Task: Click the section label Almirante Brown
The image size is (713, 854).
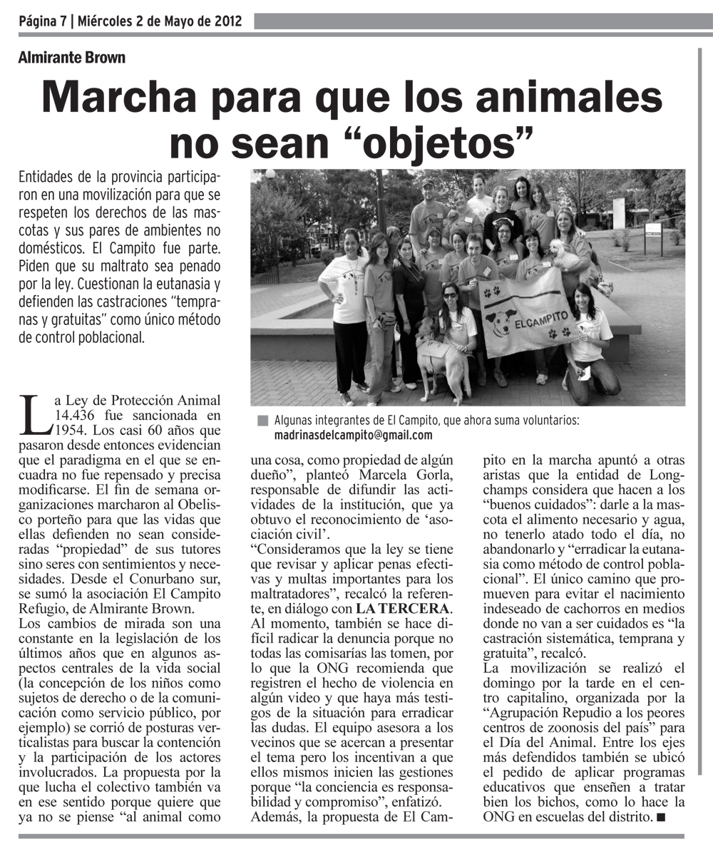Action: point(71,58)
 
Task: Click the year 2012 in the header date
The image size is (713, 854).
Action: point(225,21)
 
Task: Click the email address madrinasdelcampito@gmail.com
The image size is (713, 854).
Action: point(354,434)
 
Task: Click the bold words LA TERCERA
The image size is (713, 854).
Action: point(404,608)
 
